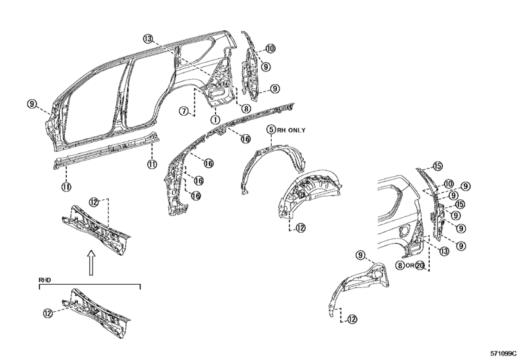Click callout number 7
coord(184,111)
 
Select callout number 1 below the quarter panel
coord(215,119)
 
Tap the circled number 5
coord(272,129)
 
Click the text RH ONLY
coord(291,130)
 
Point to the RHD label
coord(45,280)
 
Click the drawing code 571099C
coord(504,353)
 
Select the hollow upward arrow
coord(91,262)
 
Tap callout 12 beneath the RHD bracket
coord(48,313)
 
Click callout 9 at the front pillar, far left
coord(31,104)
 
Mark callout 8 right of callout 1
coord(246,109)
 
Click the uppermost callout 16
coord(245,139)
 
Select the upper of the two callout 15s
coord(437,166)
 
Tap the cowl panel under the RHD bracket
coord(96,312)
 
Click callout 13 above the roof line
coord(148,39)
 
